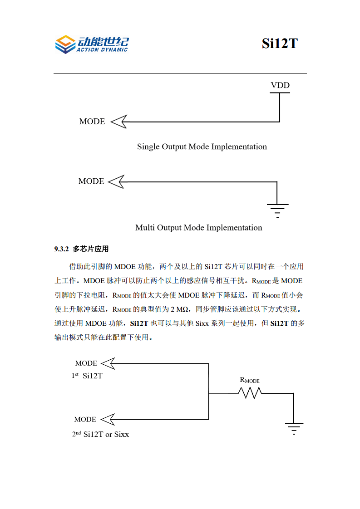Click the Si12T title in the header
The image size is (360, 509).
point(279,44)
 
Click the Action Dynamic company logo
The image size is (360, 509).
point(91,44)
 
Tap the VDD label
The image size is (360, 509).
point(280,85)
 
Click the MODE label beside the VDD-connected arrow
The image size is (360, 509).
point(92,122)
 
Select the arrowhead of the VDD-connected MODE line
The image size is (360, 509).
point(118,122)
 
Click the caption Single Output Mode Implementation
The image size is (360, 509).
point(202,147)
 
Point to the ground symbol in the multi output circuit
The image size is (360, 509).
point(277,210)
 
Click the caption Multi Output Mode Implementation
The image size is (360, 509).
point(199,227)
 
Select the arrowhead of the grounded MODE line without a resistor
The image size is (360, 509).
point(117,181)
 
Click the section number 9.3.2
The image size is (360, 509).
point(61,249)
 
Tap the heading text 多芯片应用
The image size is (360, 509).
point(91,249)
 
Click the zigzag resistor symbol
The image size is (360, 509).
point(250,393)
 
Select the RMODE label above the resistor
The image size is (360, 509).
point(250,380)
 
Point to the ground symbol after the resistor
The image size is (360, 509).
point(294,427)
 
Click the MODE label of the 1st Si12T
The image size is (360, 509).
point(86,363)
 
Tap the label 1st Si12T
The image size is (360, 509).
point(87,376)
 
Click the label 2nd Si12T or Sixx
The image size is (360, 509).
point(100,434)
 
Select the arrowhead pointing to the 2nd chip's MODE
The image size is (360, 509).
point(108,419)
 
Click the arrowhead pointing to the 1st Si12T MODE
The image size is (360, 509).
point(108,363)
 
